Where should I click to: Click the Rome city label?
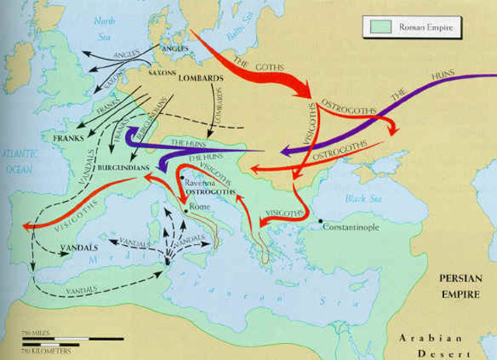point(196,207)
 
